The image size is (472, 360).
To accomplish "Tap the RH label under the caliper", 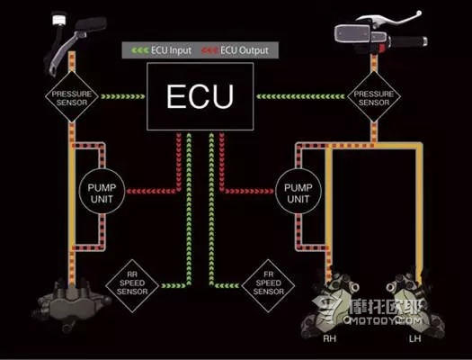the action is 329,338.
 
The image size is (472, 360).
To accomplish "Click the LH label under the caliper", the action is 414,338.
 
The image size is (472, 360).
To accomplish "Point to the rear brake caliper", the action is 72,304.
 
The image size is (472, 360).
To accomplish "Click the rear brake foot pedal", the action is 76,42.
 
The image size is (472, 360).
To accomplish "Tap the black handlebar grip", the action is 408,41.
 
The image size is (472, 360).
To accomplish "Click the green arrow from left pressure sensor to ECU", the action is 123,96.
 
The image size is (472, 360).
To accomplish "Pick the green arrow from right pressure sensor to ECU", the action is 300,96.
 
